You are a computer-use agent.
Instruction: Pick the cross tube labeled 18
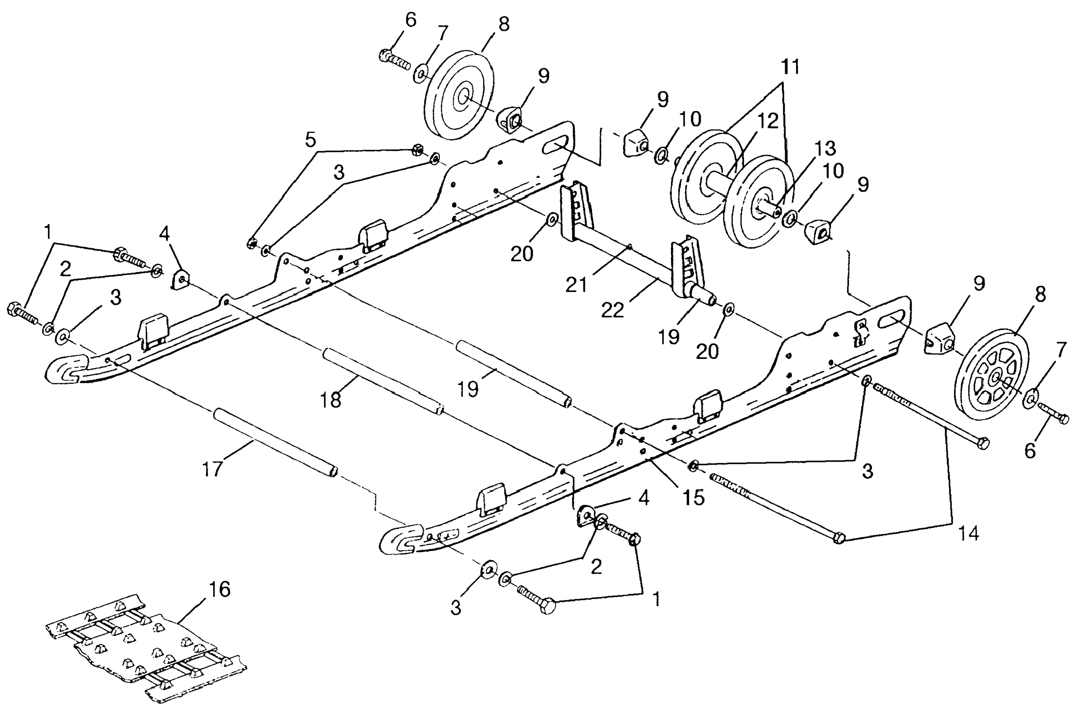coord(383,382)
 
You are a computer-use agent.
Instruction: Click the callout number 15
coord(694,497)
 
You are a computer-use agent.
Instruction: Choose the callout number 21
coord(577,285)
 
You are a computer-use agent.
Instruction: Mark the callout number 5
coord(310,141)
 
